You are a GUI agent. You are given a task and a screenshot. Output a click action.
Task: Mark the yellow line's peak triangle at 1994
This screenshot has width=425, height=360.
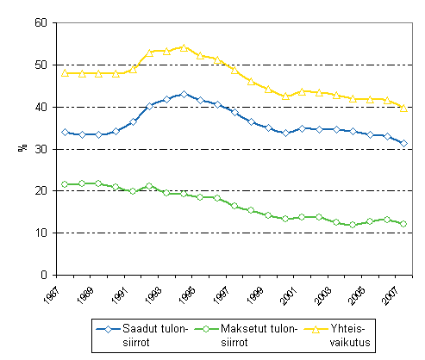pyautogui.click(x=184, y=47)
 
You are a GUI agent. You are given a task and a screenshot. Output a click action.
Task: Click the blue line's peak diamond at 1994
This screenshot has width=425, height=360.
pyautogui.click(x=184, y=94)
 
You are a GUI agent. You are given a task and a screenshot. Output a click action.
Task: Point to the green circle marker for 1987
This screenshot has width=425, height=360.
pyautogui.click(x=66, y=184)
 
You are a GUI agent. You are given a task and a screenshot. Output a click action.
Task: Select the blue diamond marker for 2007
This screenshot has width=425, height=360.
pyautogui.click(x=403, y=143)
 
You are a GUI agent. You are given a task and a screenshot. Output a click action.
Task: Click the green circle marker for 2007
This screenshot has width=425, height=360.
pyautogui.click(x=403, y=224)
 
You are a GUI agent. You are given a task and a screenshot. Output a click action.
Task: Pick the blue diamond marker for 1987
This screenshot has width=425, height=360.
pyautogui.click(x=66, y=133)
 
